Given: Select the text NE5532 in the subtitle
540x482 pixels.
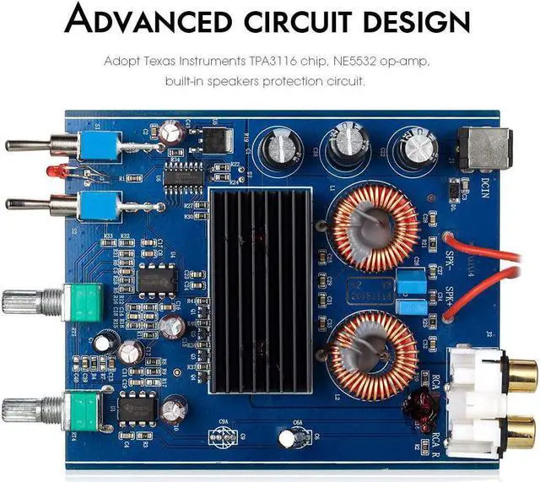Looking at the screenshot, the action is (x=369, y=62).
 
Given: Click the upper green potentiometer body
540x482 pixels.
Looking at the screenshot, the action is (x=86, y=300).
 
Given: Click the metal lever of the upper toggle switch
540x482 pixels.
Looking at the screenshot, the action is (x=32, y=145).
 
